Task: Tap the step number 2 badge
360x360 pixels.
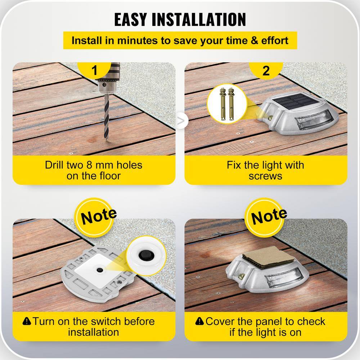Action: coord(266,70)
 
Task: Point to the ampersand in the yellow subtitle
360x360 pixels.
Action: coord(255,41)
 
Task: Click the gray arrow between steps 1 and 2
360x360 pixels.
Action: coord(181,121)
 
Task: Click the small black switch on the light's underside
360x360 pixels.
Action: coord(100,270)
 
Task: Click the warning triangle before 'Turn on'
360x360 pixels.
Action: coord(27,321)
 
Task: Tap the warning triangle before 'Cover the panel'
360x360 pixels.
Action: coord(199,321)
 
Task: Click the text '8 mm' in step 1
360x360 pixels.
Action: coord(100,165)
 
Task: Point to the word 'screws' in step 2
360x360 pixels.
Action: coord(265,176)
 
